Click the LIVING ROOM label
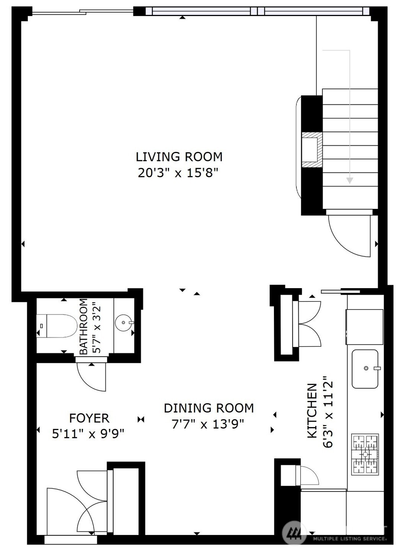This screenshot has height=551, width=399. tap(179, 157)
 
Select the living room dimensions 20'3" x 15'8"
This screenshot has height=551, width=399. tap(178, 173)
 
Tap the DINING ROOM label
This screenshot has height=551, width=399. tap(208, 408)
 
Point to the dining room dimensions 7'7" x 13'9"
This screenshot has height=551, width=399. tap(208, 424)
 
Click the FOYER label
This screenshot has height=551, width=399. tap(89, 418)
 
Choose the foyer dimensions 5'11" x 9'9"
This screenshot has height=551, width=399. tap(88, 434)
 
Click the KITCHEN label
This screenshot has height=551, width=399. tap(313, 411)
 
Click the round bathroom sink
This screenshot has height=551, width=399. tap(124, 323)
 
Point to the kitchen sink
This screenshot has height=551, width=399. tap(365, 368)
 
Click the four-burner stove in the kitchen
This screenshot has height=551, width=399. tap(365, 454)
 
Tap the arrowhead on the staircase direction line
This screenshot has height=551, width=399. tap(349, 180)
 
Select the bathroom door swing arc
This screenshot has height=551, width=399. tap(91, 377)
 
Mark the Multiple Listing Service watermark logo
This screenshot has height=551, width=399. tap(294, 533)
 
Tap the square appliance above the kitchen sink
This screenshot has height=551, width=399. tap(365, 326)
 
